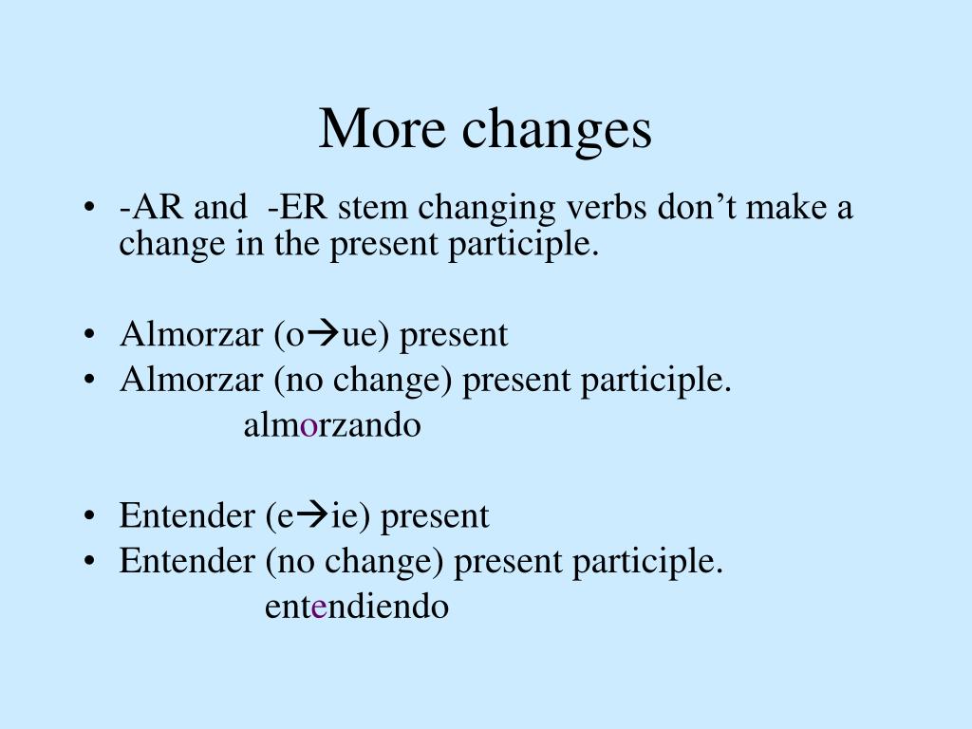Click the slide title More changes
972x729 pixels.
[485, 129]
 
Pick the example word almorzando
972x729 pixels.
[331, 425]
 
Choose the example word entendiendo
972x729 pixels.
[356, 607]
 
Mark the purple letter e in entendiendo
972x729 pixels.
[319, 607]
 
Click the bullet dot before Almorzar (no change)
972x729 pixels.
[89, 382]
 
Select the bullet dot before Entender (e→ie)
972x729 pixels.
[89, 517]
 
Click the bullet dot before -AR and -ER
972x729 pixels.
[89, 209]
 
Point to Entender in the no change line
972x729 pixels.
[187, 562]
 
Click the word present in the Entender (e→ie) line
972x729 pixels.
[434, 517]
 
